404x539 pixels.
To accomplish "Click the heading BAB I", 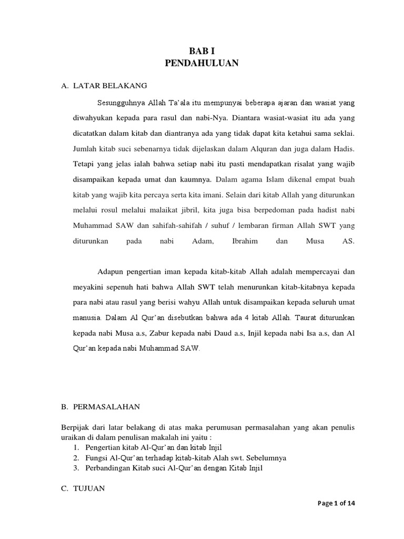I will [x=202, y=51].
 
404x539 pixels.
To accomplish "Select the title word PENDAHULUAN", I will [x=202, y=63].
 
